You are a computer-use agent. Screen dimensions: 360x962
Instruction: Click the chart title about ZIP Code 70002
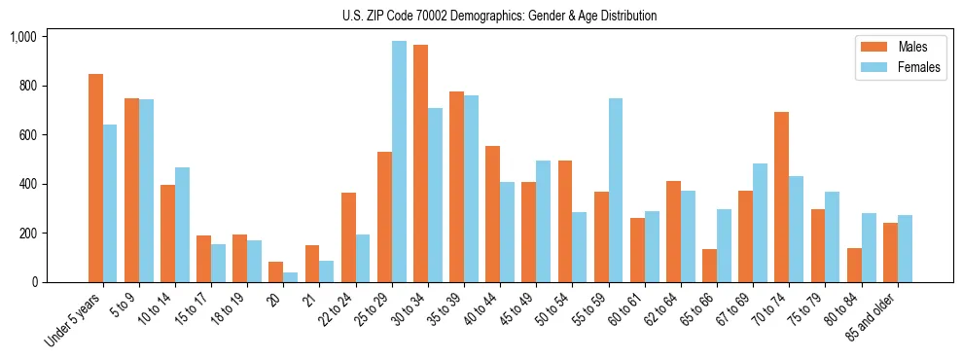pyautogui.click(x=499, y=16)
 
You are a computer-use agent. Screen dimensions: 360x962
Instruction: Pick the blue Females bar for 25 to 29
pyautogui.click(x=399, y=162)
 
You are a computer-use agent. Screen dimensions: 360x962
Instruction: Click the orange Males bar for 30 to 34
pyautogui.click(x=420, y=163)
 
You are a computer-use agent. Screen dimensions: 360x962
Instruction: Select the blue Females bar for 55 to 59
pyautogui.click(x=616, y=190)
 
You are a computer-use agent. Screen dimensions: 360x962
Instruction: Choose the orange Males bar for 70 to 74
pyautogui.click(x=781, y=198)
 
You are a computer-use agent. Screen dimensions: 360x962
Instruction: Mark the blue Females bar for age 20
pyautogui.click(x=291, y=277)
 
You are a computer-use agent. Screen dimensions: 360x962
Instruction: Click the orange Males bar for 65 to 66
pyautogui.click(x=709, y=266)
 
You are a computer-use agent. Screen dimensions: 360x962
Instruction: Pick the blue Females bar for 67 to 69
pyautogui.click(x=760, y=223)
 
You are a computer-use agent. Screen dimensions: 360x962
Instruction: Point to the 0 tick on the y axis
pyautogui.click(x=34, y=282)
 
